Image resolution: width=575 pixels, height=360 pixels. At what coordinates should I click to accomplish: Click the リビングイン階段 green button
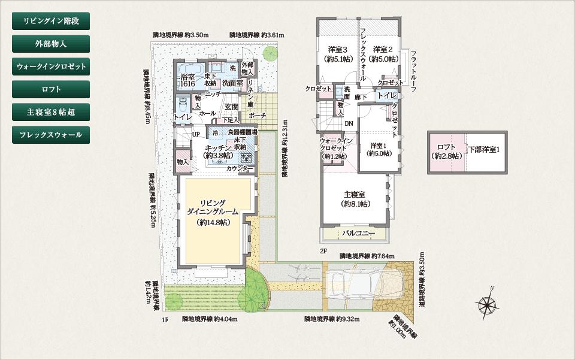pos(51,21)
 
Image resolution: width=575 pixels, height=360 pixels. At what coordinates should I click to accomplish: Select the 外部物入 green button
pos(51,44)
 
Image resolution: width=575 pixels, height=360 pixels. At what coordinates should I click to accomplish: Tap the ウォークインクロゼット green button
pos(51,66)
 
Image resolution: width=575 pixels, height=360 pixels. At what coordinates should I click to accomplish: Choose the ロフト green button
pos(51,89)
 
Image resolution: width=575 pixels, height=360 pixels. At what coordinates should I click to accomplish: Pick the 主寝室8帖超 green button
pos(51,112)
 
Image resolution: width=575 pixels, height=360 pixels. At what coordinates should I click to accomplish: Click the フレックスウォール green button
pos(51,135)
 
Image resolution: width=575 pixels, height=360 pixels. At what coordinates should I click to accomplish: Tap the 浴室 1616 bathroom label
pos(188,81)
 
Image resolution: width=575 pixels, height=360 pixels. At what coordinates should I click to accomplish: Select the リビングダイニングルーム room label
pos(213,212)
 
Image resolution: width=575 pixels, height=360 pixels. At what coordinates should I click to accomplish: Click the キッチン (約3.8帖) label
pos(218,151)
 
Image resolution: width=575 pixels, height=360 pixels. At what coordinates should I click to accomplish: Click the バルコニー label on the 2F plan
pos(358,233)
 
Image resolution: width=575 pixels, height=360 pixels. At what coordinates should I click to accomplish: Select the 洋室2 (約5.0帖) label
pos(383,54)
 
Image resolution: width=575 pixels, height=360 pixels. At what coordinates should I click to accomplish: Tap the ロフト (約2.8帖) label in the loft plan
pos(447,152)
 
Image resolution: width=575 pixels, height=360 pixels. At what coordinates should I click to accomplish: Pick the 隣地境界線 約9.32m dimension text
pos(331,319)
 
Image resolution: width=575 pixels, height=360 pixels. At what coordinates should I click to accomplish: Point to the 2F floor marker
pos(323,251)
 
